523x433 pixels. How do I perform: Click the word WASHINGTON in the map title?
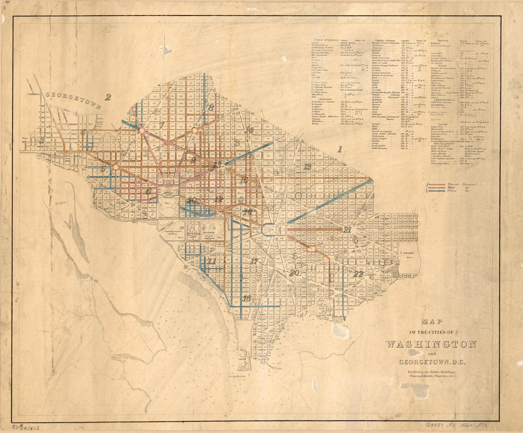click(x=431, y=344)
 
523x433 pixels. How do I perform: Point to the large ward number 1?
click(x=339, y=149)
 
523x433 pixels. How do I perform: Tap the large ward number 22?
click(x=358, y=274)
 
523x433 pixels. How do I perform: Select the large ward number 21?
click(x=348, y=230)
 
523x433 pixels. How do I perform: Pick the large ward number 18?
click(x=246, y=298)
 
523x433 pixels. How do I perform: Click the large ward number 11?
click(x=212, y=261)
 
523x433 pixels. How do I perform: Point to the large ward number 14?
click(x=249, y=130)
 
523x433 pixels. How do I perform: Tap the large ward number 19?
click(x=307, y=166)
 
